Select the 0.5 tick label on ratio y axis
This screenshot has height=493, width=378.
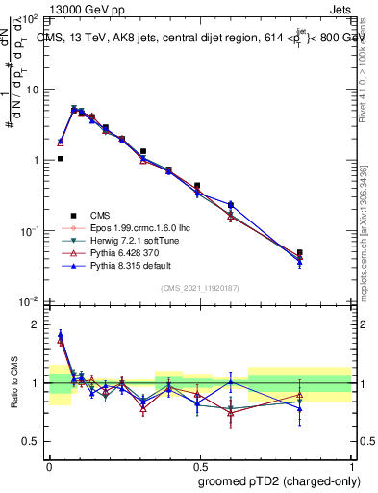[33, 441]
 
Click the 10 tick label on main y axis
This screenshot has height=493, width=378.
[33, 90]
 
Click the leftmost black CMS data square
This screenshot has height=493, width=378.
[61, 159]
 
